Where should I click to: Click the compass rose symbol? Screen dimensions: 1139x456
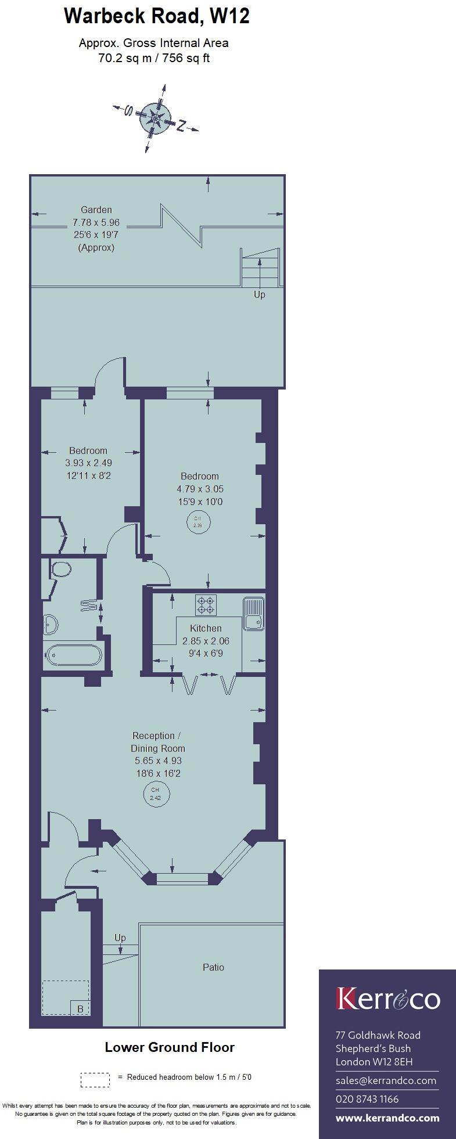[156, 118]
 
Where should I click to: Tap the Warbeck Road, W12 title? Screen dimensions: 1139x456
[156, 16]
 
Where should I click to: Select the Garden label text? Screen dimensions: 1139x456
[96, 210]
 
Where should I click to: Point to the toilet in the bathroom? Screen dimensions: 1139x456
[60, 568]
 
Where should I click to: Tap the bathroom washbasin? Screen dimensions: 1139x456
[51, 624]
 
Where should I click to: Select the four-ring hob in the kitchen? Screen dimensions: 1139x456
[206, 605]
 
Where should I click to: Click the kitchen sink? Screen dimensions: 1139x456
[254, 614]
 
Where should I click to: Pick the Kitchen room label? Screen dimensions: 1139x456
[206, 628]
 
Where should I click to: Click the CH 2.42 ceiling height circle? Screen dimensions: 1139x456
[155, 794]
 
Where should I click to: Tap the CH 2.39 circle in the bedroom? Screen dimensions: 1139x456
[198, 522]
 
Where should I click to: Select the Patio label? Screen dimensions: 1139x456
[213, 967]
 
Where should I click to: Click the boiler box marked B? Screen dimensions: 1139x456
[80, 1009]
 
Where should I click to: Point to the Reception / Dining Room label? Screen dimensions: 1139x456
[157, 742]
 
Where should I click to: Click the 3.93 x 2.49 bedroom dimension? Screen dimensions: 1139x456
[88, 463]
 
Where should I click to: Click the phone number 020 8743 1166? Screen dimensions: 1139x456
[367, 1099]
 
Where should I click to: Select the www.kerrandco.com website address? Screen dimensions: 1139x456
[387, 1118]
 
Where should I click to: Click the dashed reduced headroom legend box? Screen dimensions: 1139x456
[95, 1079]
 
